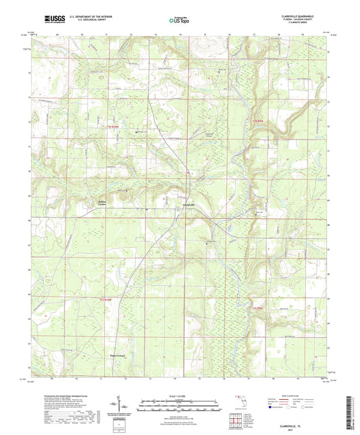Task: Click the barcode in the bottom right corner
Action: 351,412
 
